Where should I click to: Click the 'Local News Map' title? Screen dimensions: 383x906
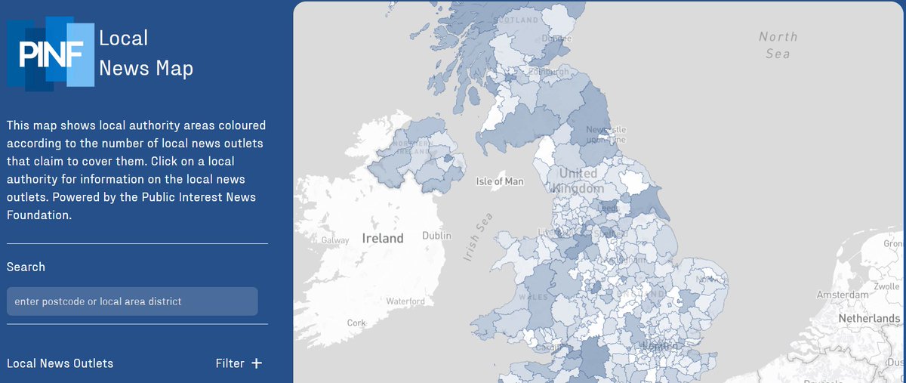pyautogui.click(x=146, y=53)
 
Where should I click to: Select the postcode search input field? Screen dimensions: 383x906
pyautogui.click(x=132, y=301)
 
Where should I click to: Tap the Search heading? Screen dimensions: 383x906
pyautogui.click(x=26, y=267)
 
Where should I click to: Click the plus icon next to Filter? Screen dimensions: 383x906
pyautogui.click(x=257, y=363)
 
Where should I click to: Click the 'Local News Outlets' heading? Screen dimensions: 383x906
pyautogui.click(x=60, y=363)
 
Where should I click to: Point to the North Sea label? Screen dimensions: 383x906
pyautogui.click(x=778, y=45)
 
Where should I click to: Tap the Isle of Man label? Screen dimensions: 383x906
pyautogui.click(x=500, y=181)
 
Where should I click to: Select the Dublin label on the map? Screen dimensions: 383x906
pyautogui.click(x=436, y=236)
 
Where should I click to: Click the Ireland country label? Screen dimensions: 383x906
pyautogui.click(x=383, y=238)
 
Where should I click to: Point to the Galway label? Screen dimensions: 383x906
pyautogui.click(x=335, y=240)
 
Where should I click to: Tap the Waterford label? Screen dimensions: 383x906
pyautogui.click(x=405, y=301)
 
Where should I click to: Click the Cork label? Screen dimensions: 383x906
pyautogui.click(x=356, y=323)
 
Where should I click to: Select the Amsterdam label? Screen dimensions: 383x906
pyautogui.click(x=842, y=294)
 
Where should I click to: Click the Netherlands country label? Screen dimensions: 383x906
pyautogui.click(x=868, y=319)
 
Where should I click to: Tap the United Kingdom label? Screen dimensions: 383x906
pyautogui.click(x=578, y=181)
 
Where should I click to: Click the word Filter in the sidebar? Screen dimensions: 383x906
pyautogui.click(x=230, y=363)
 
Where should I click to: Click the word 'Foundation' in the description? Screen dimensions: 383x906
pyautogui.click(x=38, y=215)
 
